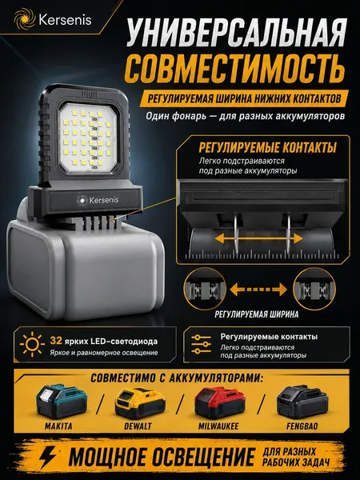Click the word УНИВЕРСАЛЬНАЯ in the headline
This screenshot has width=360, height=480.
[x=237, y=33]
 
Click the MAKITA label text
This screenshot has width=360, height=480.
[x=58, y=426]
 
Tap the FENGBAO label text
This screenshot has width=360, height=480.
[x=302, y=426]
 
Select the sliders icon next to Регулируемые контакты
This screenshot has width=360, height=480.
[x=201, y=344]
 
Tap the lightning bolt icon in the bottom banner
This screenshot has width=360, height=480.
[x=48, y=457]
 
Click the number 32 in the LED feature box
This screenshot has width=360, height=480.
[x=56, y=341]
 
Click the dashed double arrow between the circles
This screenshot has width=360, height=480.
[x=258, y=289]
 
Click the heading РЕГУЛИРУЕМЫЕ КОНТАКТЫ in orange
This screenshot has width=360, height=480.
[x=267, y=147]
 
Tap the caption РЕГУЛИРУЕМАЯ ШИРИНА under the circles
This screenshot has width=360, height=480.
[x=256, y=314]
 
